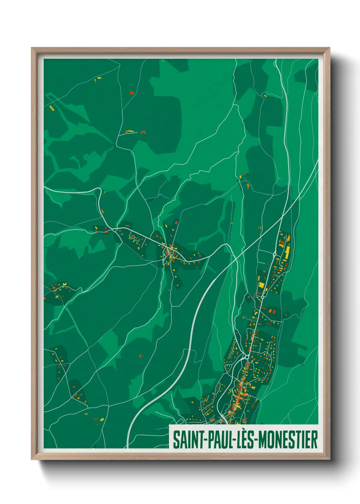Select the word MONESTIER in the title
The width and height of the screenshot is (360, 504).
pos(288,440)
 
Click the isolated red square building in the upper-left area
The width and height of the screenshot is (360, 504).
pos(132,93)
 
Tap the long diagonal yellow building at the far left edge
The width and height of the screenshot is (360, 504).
pos(52,108)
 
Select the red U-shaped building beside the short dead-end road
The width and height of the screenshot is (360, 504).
pos(143,132)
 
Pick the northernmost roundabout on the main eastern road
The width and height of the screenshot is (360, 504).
pos(275,254)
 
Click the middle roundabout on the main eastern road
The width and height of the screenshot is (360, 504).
pos(263,297)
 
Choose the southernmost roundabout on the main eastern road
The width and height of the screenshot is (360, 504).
pos(246,357)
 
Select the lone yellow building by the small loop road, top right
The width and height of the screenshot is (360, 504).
pos(265,96)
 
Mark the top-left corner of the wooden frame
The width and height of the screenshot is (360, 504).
pos(32,48)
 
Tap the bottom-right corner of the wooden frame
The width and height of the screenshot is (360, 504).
pos(330,459)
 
